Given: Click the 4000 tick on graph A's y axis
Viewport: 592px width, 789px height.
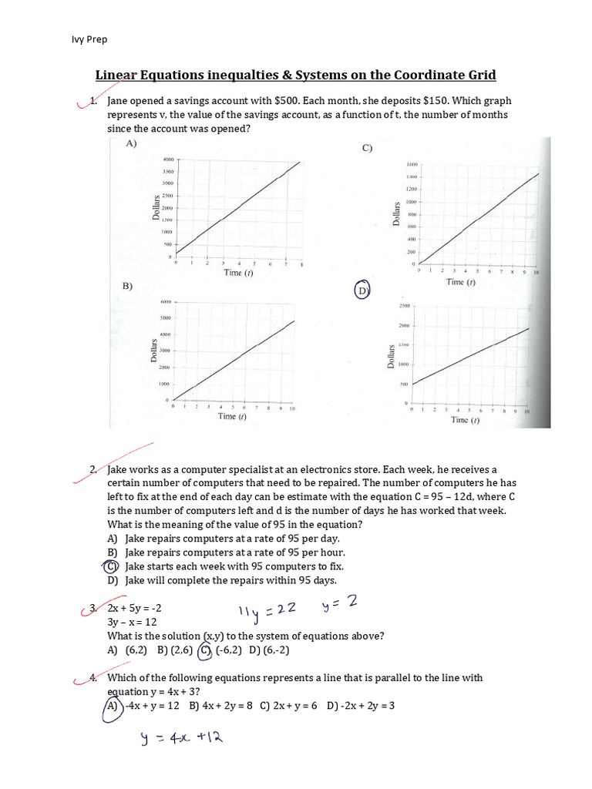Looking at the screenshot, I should [x=168, y=159].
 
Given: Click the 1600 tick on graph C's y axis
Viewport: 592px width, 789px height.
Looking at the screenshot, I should [x=411, y=165].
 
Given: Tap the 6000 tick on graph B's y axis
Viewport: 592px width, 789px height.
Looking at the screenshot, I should [x=164, y=302].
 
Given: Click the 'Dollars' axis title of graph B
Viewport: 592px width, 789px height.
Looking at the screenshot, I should [x=154, y=350].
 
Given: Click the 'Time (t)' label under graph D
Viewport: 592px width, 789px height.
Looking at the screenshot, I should [x=464, y=420].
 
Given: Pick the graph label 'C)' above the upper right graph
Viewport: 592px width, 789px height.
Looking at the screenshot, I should [x=367, y=148].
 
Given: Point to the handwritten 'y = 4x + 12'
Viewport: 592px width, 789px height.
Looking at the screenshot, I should [x=181, y=738].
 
